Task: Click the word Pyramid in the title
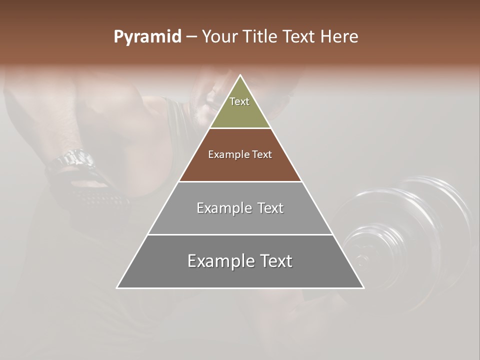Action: tap(147, 37)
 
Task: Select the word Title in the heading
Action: tap(261, 37)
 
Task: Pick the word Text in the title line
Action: tap(299, 37)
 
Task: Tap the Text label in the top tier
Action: tap(239, 101)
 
